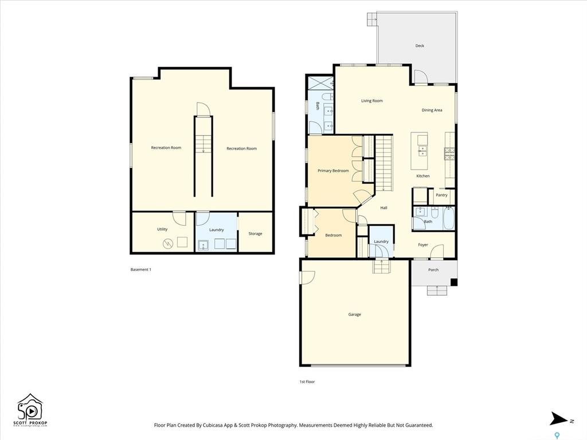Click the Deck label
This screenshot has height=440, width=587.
(420, 46)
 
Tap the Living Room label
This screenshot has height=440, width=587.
(371, 101)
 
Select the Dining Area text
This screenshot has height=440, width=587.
(432, 110)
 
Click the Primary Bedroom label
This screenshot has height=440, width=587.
(333, 171)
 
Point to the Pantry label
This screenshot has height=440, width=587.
(442, 195)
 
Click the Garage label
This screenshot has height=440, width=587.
(354, 315)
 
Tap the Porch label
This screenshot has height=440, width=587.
(433, 269)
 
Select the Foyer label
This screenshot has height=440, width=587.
(423, 245)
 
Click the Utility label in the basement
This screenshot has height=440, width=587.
(162, 229)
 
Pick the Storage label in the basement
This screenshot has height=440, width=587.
(255, 234)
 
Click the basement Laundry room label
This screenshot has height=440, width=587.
(216, 230)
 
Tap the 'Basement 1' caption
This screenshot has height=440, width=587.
(141, 269)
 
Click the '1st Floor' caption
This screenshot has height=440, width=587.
(307, 382)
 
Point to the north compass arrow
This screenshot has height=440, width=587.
(559, 419)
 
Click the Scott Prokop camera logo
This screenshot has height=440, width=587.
(30, 409)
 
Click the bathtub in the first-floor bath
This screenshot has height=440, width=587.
(448, 219)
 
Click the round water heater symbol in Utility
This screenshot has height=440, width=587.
(167, 244)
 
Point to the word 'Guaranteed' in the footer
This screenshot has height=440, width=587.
(420, 425)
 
